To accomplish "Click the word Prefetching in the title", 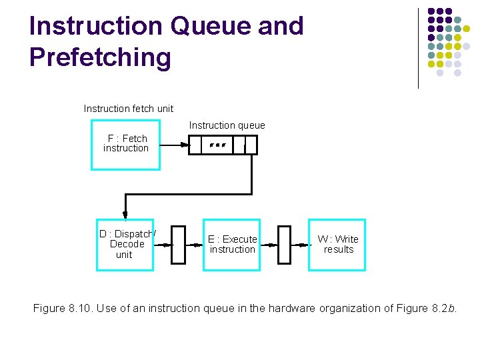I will (x=100, y=57).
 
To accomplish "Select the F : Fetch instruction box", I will (x=125, y=144).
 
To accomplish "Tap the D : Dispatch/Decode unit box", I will (x=125, y=244).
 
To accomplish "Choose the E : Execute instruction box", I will (x=231, y=244).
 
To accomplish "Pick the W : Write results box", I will (x=337, y=244).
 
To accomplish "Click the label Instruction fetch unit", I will (x=128, y=108).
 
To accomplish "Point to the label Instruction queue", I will (x=227, y=125).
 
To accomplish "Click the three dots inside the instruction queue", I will (x=217, y=145).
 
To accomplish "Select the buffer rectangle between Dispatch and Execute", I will (x=178, y=245).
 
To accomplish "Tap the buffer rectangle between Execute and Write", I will (x=285, y=245).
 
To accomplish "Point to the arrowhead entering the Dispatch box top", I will (x=125, y=215).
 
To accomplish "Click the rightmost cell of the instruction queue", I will (x=251, y=145).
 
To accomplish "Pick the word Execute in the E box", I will (x=239, y=239).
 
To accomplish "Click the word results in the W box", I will (x=338, y=249).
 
